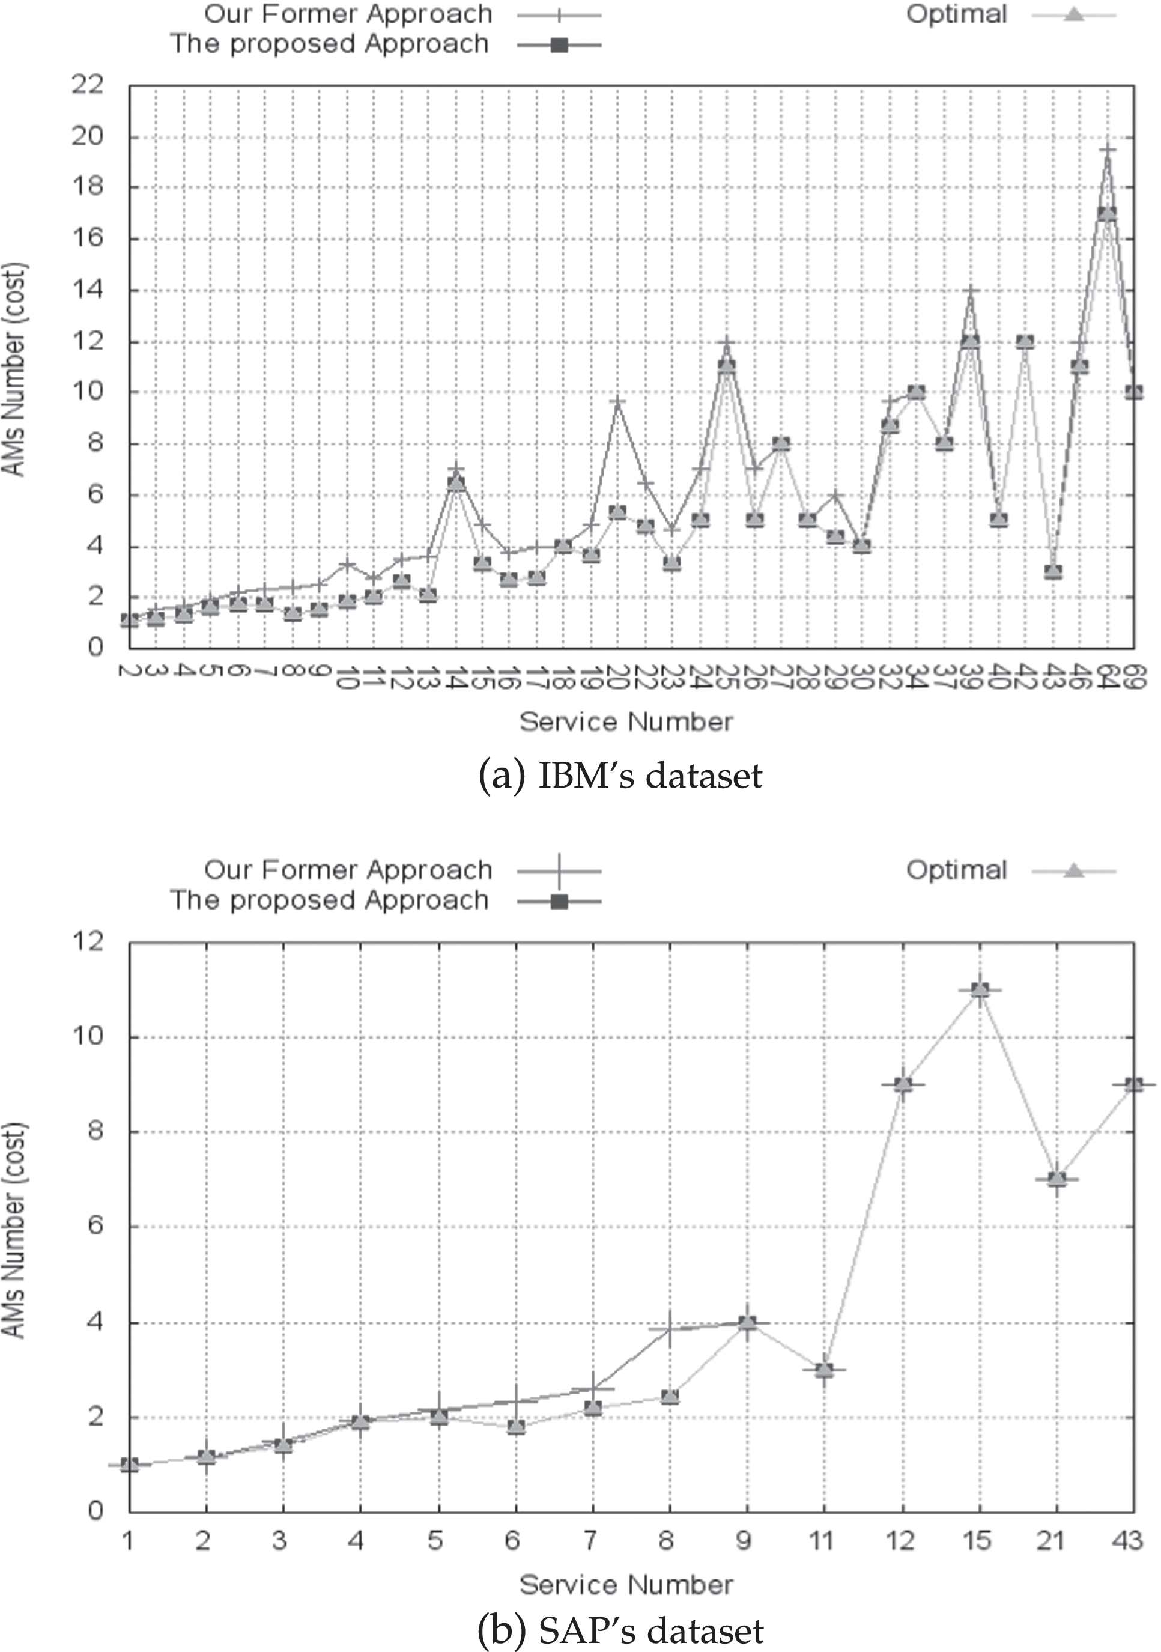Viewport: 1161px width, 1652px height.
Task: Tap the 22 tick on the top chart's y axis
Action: click(x=87, y=86)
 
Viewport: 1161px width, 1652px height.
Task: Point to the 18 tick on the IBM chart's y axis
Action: click(x=87, y=187)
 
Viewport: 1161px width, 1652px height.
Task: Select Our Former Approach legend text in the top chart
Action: click(x=348, y=14)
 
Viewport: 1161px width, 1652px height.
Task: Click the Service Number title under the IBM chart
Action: click(x=626, y=721)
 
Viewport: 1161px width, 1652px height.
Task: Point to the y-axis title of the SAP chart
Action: click(x=14, y=1229)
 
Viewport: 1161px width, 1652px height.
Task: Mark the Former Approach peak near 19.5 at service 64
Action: click(x=1107, y=150)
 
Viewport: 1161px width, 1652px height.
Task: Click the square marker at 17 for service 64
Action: click(x=1107, y=214)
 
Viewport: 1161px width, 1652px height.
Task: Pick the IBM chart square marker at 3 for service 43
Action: click(x=1053, y=572)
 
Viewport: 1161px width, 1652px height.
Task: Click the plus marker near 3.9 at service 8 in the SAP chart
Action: click(x=670, y=1329)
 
